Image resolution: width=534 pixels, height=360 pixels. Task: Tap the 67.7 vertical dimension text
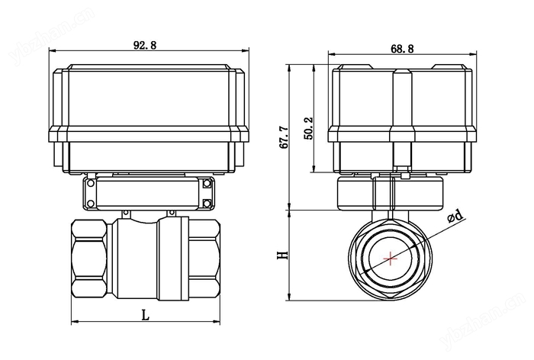pos(283,137)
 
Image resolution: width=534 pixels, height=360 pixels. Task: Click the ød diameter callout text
pos(455,217)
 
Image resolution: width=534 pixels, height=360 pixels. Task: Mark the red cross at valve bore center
pos(391,258)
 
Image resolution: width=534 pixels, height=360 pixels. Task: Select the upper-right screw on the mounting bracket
pos(207,184)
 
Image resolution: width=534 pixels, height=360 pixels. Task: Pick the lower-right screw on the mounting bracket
pos(207,202)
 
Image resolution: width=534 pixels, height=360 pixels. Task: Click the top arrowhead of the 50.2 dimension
pos(316,67)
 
